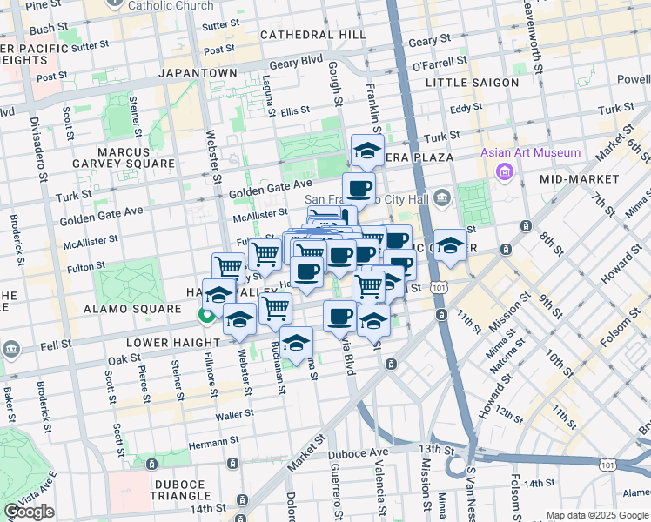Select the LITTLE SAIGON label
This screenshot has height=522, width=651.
pyautogui.click(x=473, y=83)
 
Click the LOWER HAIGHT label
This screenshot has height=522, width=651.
pyautogui.click(x=170, y=344)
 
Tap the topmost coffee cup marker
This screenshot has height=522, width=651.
pyautogui.click(x=359, y=187)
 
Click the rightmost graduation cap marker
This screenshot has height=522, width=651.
pyautogui.click(x=450, y=245)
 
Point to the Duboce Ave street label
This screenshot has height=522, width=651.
pyautogui.click(x=358, y=454)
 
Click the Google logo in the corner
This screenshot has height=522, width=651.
pyautogui.click(x=30, y=512)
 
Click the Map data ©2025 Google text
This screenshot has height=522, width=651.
pyautogui.click(x=597, y=515)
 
